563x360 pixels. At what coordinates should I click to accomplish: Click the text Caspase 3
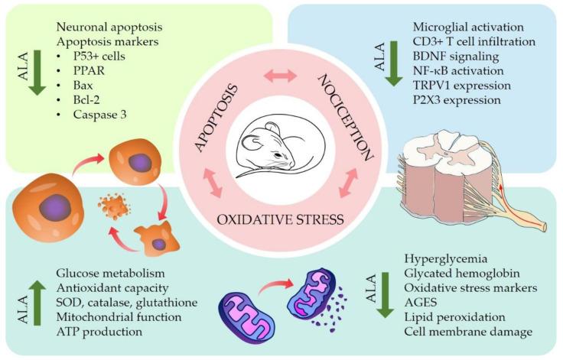84,113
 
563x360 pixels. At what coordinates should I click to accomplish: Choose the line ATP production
98,332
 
